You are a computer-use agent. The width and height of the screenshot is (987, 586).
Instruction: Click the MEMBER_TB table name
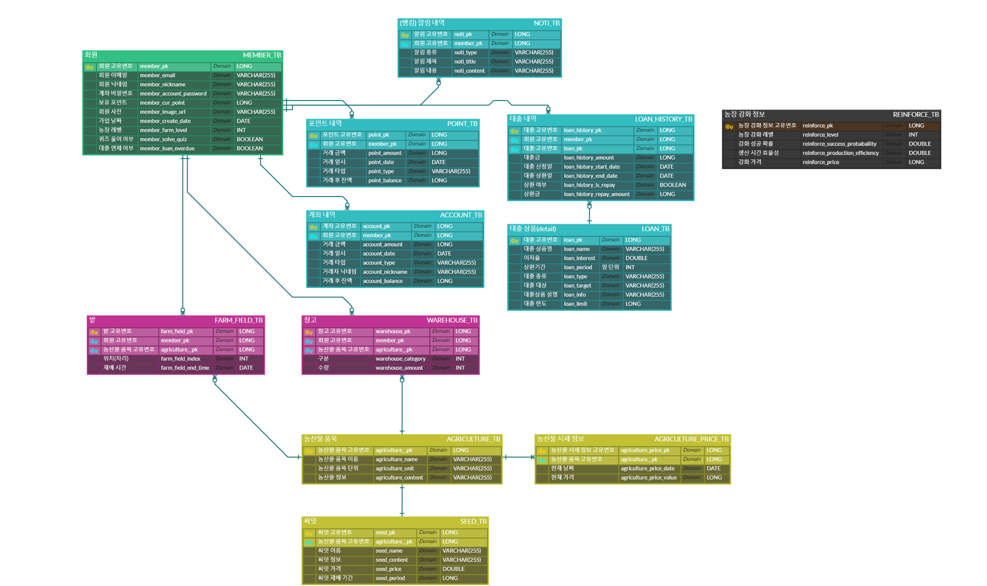[261, 55]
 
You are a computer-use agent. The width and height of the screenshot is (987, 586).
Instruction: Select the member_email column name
[157, 75]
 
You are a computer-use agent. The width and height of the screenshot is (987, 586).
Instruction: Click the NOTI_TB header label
[546, 23]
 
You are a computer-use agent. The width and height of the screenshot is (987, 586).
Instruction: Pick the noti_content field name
[469, 71]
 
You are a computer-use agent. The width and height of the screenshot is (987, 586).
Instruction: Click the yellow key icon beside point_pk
[313, 136]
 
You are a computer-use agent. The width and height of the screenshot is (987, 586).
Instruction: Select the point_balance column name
[385, 181]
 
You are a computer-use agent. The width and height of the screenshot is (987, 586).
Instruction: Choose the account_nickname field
[385, 272]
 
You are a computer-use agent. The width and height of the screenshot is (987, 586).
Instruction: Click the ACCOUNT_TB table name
[461, 215]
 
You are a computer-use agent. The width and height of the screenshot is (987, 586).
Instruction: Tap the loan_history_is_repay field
[589, 185]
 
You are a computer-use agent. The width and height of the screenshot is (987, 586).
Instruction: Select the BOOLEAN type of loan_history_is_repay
[672, 185]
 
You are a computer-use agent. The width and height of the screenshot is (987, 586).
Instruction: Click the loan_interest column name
[579, 258]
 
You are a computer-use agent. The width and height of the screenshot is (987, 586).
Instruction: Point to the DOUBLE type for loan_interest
[636, 258]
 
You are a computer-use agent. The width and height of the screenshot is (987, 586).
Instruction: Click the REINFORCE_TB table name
[915, 115]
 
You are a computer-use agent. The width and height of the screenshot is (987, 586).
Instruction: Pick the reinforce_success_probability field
[839, 144]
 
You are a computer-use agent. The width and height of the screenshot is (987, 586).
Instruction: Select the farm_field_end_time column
[185, 368]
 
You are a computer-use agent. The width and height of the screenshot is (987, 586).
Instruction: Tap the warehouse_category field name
[400, 359]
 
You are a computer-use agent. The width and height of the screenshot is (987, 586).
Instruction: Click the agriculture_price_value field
[648, 478]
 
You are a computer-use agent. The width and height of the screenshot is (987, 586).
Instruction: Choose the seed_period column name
[390, 578]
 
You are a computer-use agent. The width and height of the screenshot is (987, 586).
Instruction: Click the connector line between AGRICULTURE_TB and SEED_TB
[402, 501]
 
